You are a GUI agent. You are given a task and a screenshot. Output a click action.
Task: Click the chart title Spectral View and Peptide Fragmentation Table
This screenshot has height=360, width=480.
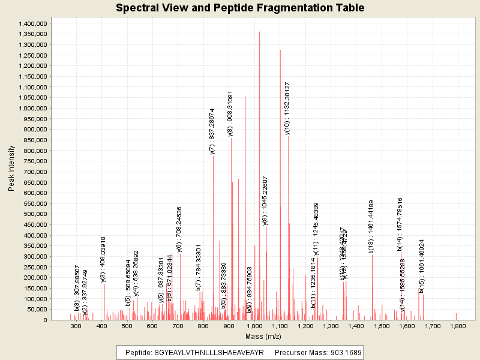[x=240, y=8]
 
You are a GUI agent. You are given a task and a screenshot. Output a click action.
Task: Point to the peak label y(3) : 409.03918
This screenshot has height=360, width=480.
[x=103, y=259]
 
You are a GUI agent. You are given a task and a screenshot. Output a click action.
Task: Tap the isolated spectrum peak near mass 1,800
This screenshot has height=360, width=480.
[x=456, y=316]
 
